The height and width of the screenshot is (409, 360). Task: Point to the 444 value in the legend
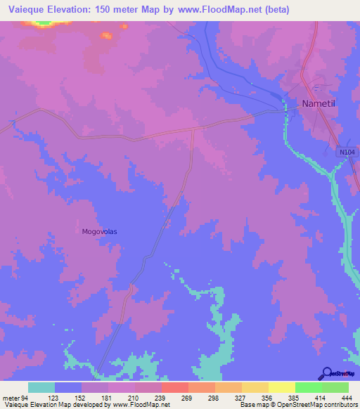(345, 397)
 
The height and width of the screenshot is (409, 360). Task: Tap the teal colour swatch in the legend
(41, 387)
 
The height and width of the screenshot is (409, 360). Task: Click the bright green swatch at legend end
(335, 387)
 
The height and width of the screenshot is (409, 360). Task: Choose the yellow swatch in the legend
(282, 387)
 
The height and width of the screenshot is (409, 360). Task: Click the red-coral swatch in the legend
(175, 387)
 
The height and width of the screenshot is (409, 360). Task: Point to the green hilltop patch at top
(44, 23)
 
